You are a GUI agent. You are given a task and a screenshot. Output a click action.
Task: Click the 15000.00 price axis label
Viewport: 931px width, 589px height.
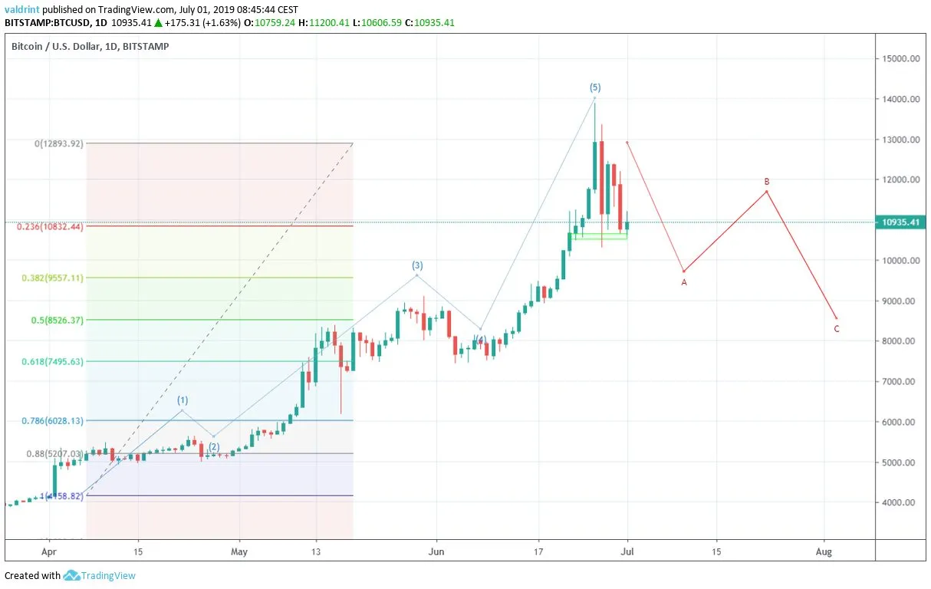[x=902, y=59]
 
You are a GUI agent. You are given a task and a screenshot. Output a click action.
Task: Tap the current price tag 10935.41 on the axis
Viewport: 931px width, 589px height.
[x=902, y=222]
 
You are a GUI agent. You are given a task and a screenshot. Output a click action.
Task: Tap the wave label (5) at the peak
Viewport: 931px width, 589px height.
[x=595, y=87]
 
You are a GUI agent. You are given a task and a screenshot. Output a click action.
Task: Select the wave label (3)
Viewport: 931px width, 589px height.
[x=417, y=265]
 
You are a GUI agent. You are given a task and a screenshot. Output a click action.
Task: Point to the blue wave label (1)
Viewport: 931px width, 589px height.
[x=183, y=400]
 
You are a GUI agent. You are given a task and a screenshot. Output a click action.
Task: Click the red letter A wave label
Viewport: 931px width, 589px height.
[x=684, y=282]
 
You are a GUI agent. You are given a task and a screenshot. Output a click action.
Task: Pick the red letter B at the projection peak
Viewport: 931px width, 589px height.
[x=767, y=182]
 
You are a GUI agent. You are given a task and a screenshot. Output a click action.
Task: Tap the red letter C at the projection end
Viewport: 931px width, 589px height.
[x=837, y=329]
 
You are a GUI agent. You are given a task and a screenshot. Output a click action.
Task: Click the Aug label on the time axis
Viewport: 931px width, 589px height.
[x=824, y=551]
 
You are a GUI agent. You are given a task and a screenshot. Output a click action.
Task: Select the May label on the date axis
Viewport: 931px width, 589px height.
[x=240, y=551]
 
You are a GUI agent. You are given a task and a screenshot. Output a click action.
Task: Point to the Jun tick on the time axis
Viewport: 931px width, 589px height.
[x=436, y=551]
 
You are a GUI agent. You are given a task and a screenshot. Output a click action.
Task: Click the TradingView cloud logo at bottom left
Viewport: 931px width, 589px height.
[x=72, y=575]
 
